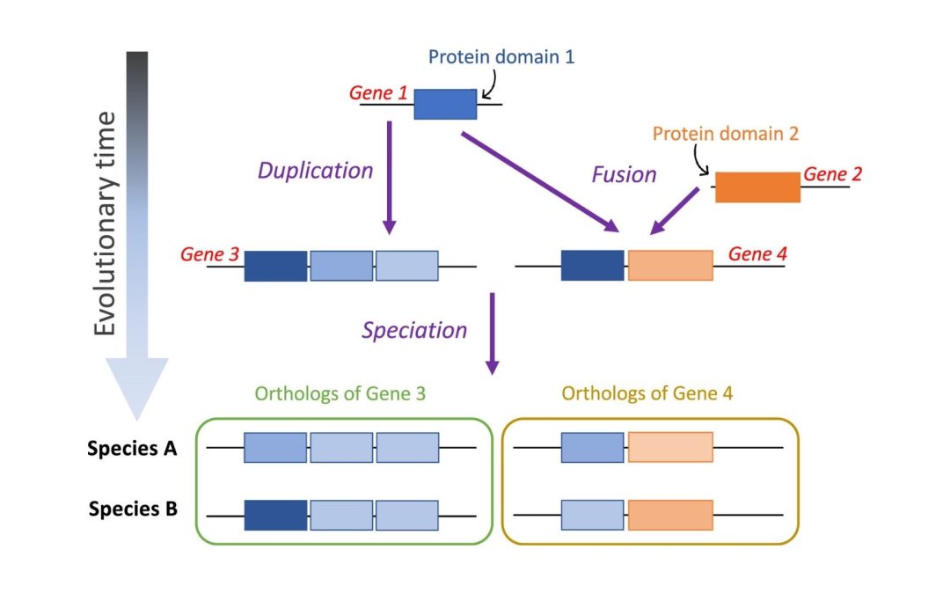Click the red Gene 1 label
[x=379, y=92]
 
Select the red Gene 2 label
[x=832, y=174]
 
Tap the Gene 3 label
[x=209, y=254]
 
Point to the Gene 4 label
[x=757, y=254]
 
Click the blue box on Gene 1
[x=445, y=104]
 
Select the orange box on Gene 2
[x=757, y=187]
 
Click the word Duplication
[x=315, y=171]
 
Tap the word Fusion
[x=624, y=175]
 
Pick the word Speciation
[x=414, y=330]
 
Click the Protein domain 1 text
[x=501, y=58]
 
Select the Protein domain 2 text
[x=726, y=134]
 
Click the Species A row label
[x=132, y=449]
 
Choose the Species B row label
[x=133, y=509]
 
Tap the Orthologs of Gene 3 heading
[x=340, y=393]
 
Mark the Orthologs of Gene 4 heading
[x=647, y=393]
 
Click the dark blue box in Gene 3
[x=275, y=266]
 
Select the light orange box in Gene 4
[x=670, y=266]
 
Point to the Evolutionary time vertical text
[x=106, y=224]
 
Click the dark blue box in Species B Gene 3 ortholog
[x=275, y=515]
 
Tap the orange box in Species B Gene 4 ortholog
[x=670, y=515]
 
